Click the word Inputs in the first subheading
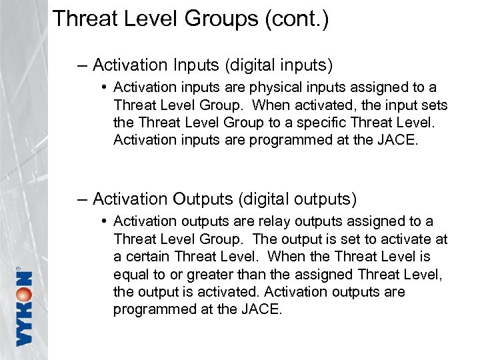coord(197,65)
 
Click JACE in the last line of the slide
coord(263,309)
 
